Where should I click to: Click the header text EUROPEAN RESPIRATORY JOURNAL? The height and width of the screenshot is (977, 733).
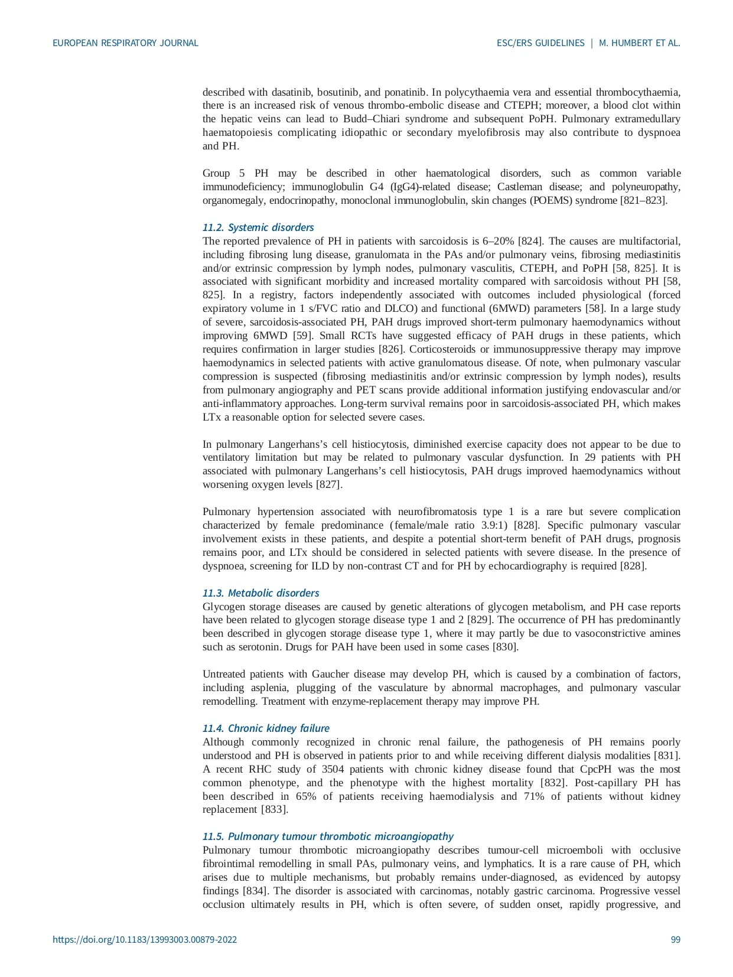pyautogui.click(x=125, y=43)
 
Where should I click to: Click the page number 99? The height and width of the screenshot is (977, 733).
pyautogui.click(x=675, y=939)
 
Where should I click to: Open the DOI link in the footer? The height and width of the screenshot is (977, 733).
pyautogui.click(x=145, y=939)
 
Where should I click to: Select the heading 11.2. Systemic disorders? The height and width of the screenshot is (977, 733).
pyautogui.click(x=258, y=227)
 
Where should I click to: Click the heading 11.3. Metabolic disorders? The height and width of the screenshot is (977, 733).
pyautogui.click(x=260, y=593)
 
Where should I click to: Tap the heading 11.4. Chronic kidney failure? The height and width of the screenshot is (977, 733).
pyautogui.click(x=266, y=728)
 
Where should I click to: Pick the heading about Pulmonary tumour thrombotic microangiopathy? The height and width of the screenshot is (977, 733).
pyautogui.click(x=328, y=836)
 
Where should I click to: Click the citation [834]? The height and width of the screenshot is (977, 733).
pyautogui.click(x=256, y=891)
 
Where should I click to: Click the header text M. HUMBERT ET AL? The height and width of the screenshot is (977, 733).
pyautogui.click(x=640, y=43)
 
